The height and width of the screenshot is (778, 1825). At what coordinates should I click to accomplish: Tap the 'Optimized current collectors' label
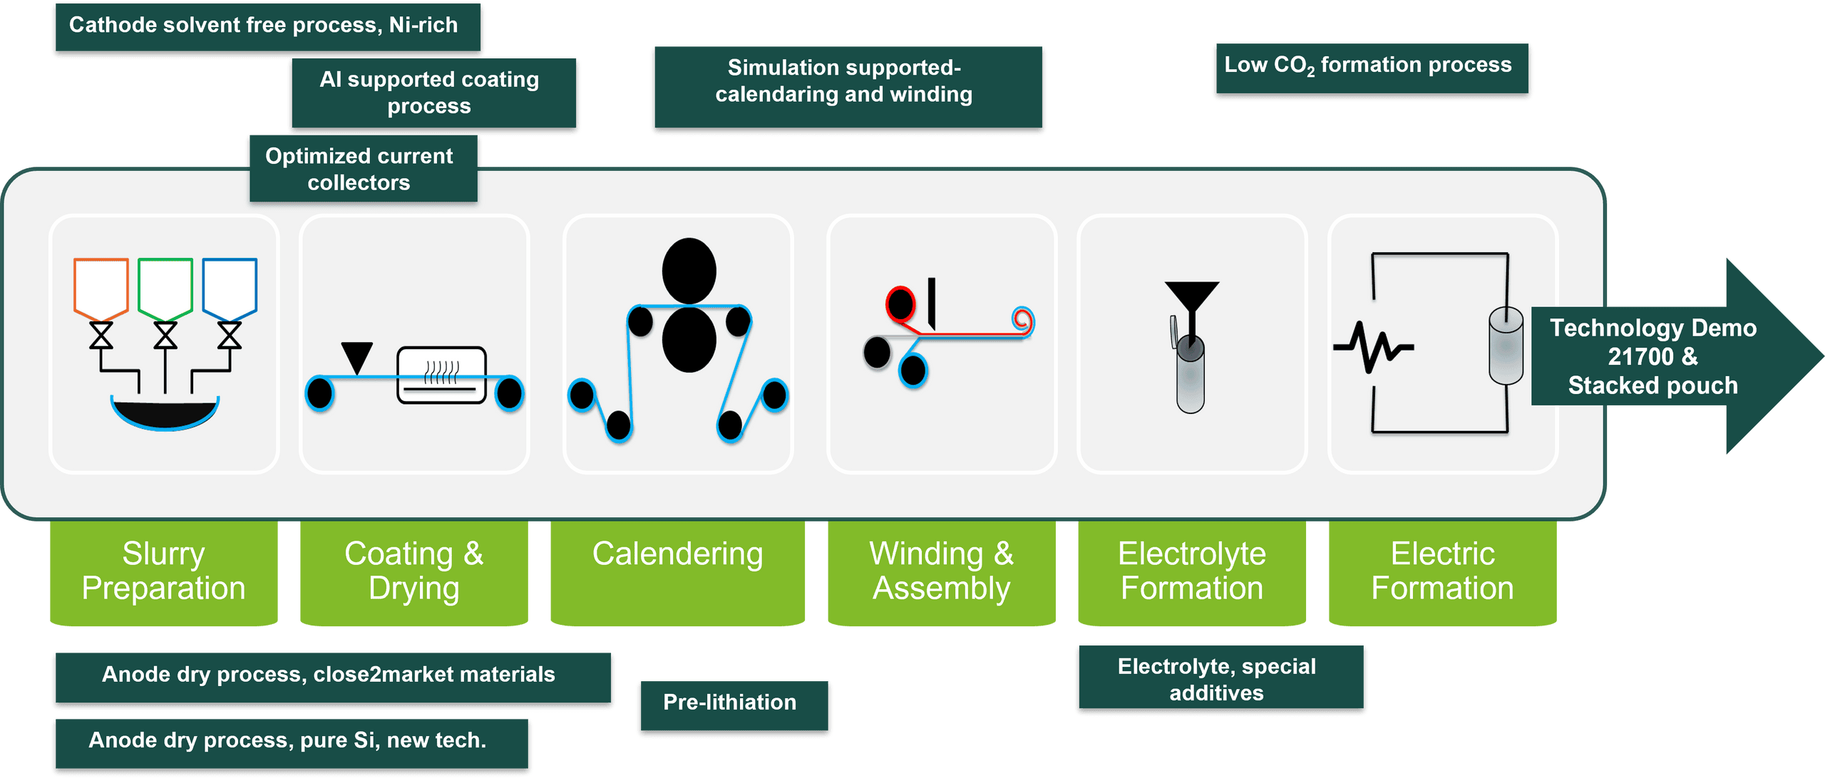tap(362, 170)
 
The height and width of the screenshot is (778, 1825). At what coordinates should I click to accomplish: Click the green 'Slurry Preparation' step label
tap(163, 571)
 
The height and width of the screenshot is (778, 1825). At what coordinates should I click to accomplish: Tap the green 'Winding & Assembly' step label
tap(941, 571)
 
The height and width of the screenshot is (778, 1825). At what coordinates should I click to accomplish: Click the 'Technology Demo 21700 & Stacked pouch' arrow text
tap(1652, 356)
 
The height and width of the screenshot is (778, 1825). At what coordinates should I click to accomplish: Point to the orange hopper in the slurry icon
tap(101, 286)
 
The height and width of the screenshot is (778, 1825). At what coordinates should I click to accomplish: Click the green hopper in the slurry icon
tap(165, 286)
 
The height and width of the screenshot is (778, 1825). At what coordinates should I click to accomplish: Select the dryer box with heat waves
tap(441, 375)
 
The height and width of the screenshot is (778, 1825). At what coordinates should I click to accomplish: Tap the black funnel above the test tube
tap(1191, 296)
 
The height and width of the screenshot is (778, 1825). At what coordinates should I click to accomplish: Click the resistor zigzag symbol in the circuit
tap(1374, 348)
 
